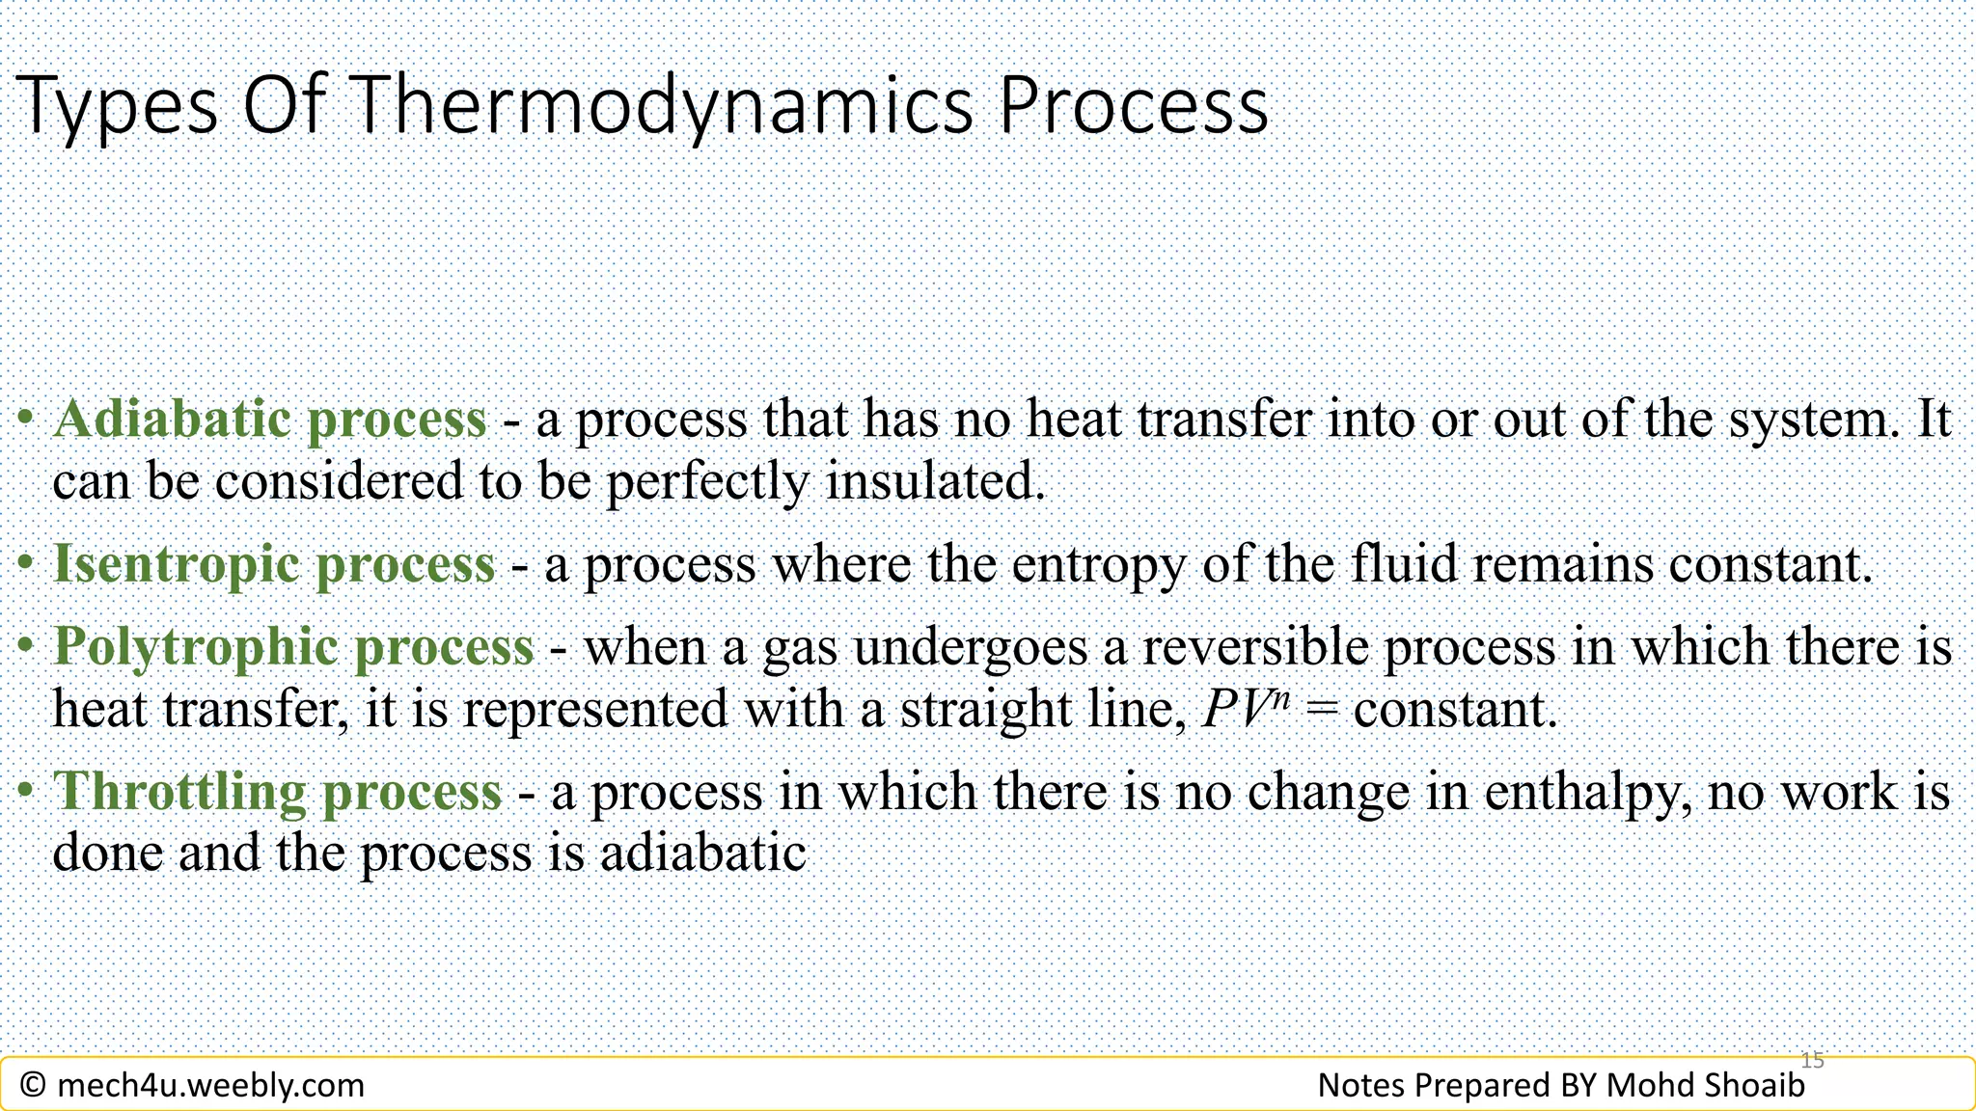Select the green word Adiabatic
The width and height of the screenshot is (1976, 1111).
coord(172,420)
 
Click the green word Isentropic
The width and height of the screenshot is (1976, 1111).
coord(176,564)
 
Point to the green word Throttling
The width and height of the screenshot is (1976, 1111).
coord(178,792)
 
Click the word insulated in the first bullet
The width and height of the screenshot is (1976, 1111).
coord(935,481)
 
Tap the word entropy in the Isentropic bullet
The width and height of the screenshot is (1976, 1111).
coord(1098,566)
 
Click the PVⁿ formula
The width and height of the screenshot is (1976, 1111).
coord(1246,710)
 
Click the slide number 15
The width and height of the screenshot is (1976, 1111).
coord(1813,1060)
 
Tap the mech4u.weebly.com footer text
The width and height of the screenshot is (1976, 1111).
coord(210,1086)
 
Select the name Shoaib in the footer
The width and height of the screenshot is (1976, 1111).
coord(1754,1086)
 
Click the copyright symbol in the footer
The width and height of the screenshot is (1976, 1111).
coord(33,1086)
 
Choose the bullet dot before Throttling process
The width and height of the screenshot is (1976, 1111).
coord(26,792)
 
